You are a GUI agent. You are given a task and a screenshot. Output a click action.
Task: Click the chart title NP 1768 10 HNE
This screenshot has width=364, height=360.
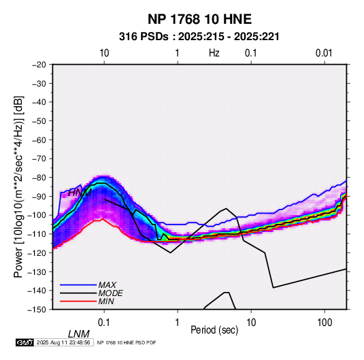(199, 19)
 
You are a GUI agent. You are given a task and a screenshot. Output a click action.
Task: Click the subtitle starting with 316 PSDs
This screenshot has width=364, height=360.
(199, 37)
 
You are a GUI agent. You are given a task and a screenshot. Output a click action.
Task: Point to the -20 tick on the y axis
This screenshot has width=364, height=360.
(39, 65)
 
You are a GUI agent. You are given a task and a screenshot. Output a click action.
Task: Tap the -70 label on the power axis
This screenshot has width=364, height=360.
(39, 159)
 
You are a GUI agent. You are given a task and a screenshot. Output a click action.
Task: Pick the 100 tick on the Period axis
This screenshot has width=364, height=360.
(325, 323)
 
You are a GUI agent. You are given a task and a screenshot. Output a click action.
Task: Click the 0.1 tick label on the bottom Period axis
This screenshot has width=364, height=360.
(104, 323)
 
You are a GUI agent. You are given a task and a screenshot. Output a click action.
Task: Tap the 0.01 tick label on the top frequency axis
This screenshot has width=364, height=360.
(324, 53)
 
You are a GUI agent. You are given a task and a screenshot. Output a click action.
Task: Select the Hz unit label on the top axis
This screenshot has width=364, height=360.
(214, 53)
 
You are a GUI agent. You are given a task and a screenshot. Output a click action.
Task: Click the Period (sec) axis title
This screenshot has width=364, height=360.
(214, 330)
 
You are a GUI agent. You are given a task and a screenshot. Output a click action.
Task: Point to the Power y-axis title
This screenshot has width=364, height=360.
(18, 187)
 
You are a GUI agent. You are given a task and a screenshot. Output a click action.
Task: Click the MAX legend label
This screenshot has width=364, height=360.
(107, 284)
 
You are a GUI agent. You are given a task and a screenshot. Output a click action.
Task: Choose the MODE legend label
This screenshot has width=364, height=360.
(110, 293)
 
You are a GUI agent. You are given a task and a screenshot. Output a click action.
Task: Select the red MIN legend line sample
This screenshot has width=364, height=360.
(78, 301)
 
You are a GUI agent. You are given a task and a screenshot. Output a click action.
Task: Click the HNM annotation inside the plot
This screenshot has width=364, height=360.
(80, 193)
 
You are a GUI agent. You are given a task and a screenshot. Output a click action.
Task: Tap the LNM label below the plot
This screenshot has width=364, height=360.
(79, 334)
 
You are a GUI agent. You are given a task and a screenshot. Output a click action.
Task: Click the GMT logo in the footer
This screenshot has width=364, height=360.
(25, 342)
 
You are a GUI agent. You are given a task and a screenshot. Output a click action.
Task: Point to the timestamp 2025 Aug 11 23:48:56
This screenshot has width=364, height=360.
(63, 342)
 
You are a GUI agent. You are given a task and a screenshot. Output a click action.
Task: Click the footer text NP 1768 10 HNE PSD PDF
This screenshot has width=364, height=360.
(127, 342)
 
